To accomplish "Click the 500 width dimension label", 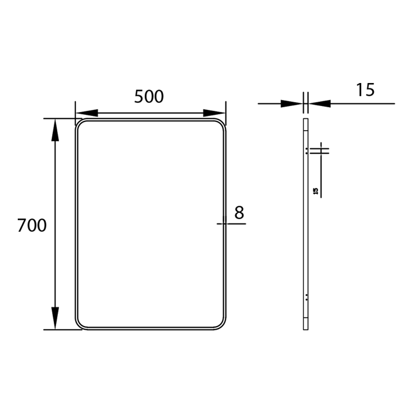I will (149, 96).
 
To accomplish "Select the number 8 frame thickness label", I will (240, 213).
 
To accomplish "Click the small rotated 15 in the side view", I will (316, 191).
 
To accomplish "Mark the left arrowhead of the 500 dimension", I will (86, 113).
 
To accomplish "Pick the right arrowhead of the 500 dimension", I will (214, 113).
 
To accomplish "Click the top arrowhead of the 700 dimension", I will (55, 131).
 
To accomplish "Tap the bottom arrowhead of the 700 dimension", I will (55, 317).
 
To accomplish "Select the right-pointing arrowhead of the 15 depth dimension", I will (291, 103).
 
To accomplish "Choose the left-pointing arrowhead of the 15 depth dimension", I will (320, 103).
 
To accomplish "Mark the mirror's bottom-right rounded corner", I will (221, 325).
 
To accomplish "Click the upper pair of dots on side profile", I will (306, 150).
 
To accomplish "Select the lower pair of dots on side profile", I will (306, 297).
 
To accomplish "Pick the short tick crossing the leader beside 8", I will (224, 223).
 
